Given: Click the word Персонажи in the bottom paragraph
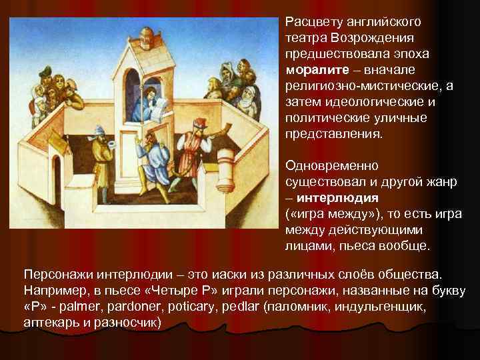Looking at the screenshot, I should click(55, 276).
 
